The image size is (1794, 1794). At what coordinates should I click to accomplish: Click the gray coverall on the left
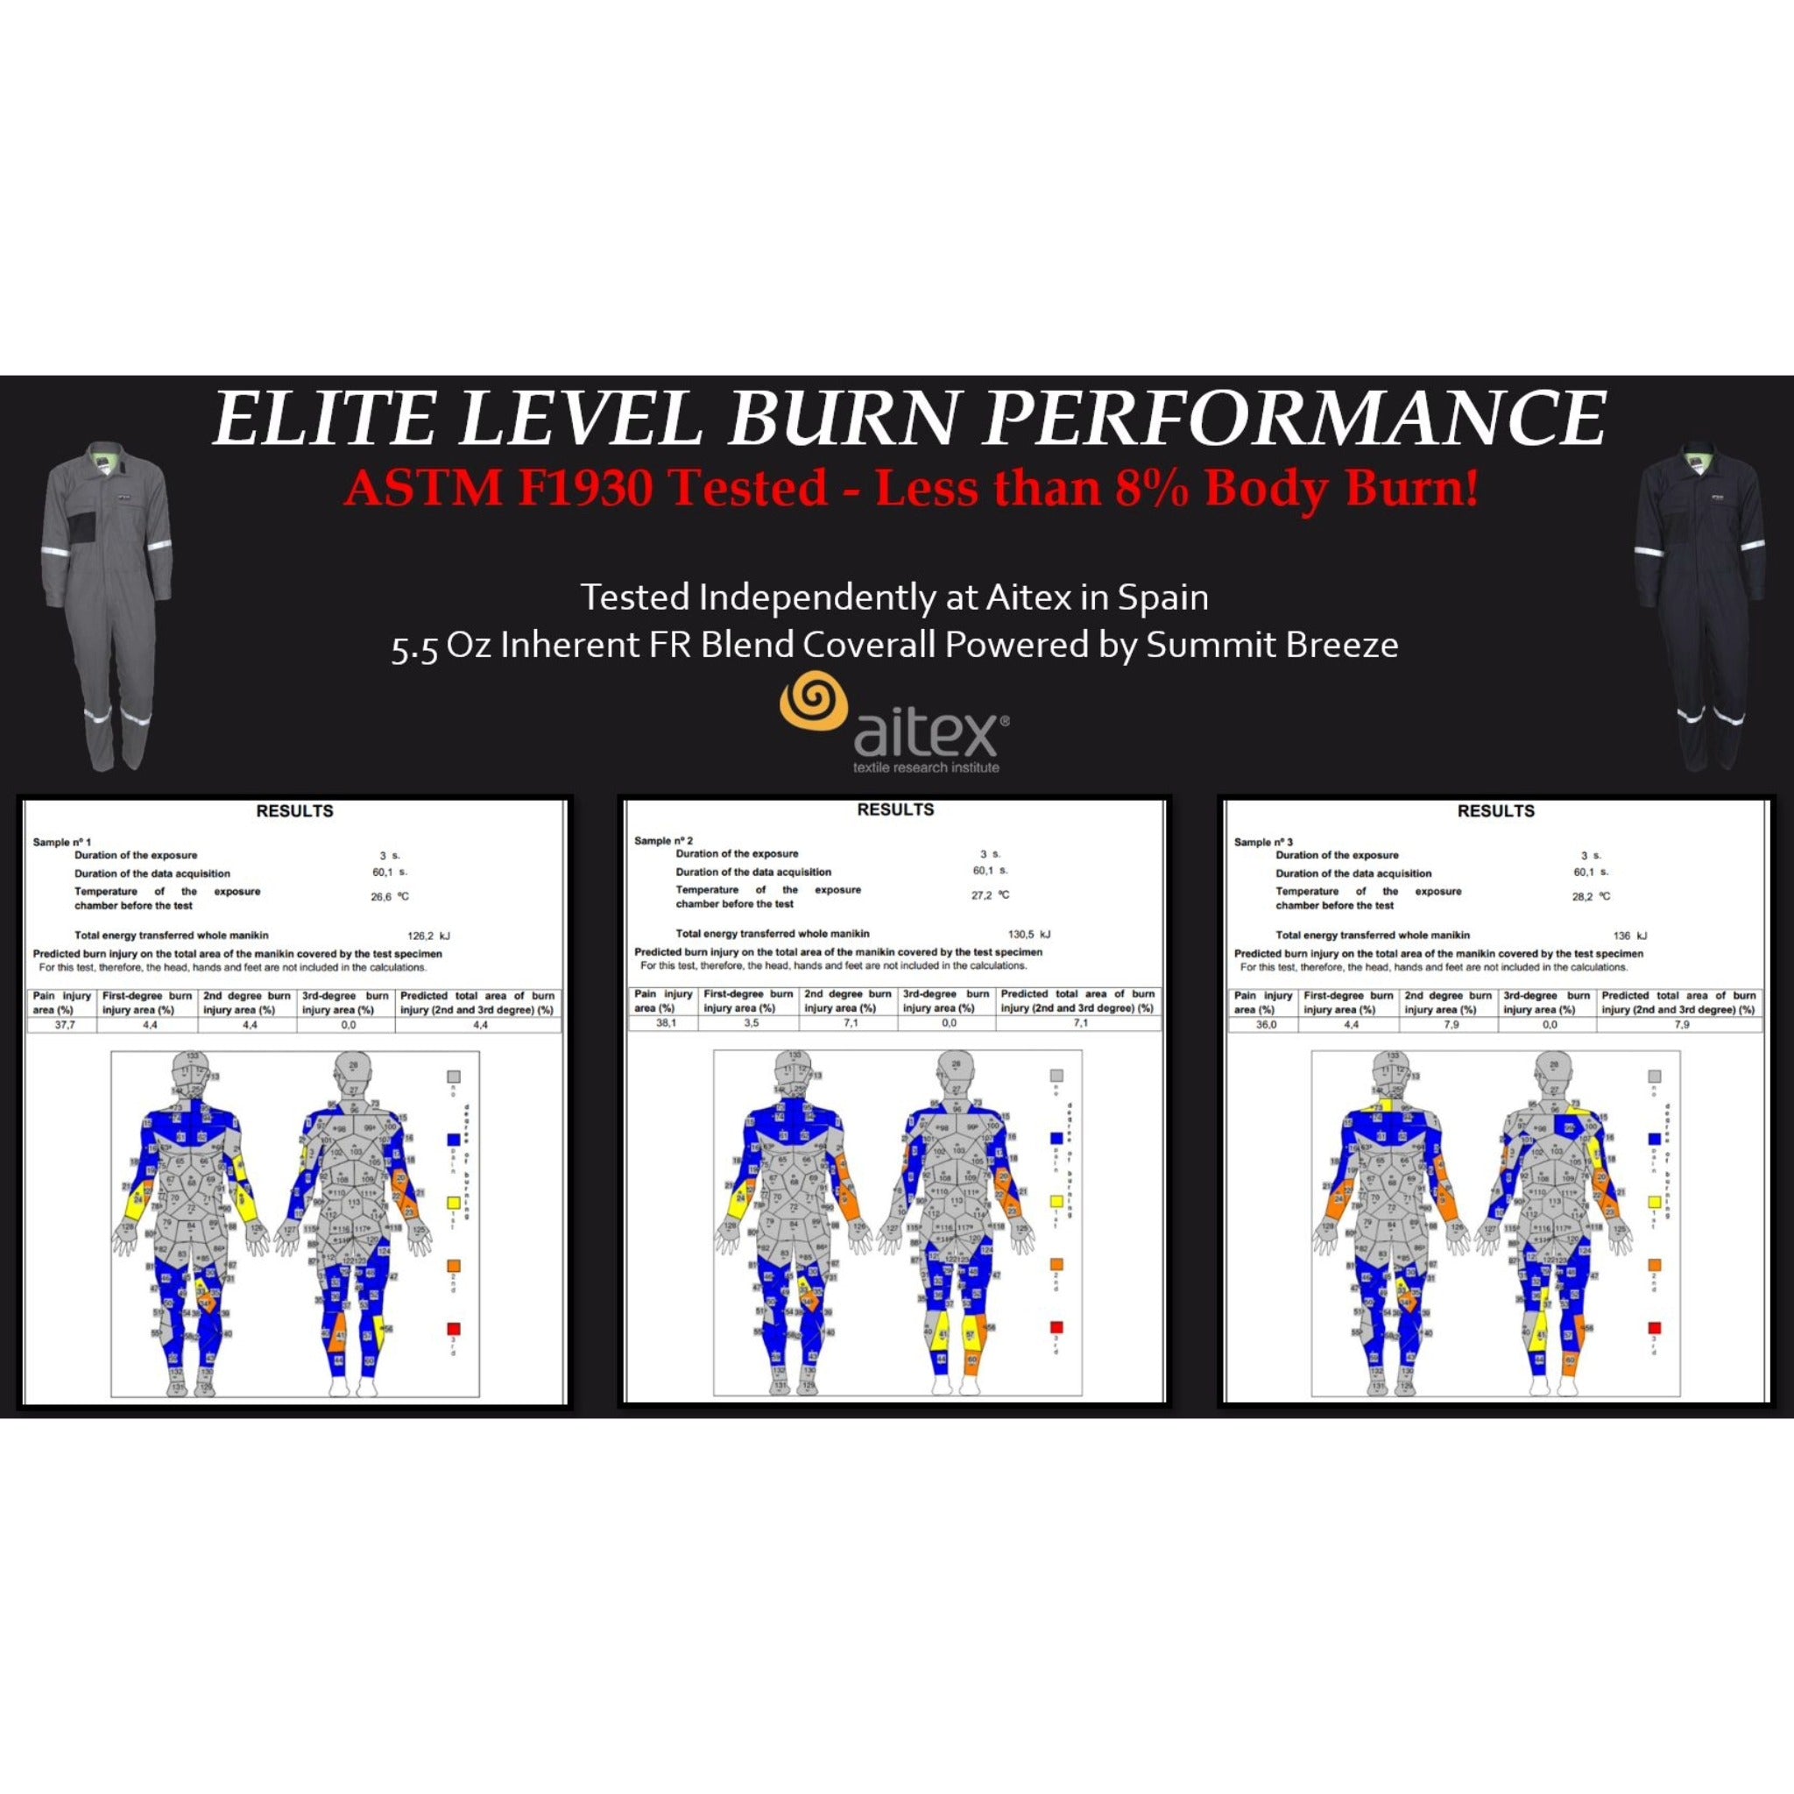point(105,604)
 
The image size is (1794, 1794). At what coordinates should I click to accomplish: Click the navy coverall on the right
point(1703,604)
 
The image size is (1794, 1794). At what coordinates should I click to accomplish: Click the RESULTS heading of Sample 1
point(294,810)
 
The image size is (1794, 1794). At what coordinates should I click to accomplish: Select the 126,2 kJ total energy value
point(428,936)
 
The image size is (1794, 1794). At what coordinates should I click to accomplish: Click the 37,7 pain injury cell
point(64,1025)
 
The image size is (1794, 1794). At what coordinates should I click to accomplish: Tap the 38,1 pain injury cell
point(665,1023)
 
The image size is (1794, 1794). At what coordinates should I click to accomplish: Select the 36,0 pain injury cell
point(1266,1025)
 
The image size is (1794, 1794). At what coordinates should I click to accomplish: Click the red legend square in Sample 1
point(454,1330)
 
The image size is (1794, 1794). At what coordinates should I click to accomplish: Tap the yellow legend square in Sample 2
point(1056,1202)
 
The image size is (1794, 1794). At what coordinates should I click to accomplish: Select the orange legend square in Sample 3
point(1654,1266)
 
